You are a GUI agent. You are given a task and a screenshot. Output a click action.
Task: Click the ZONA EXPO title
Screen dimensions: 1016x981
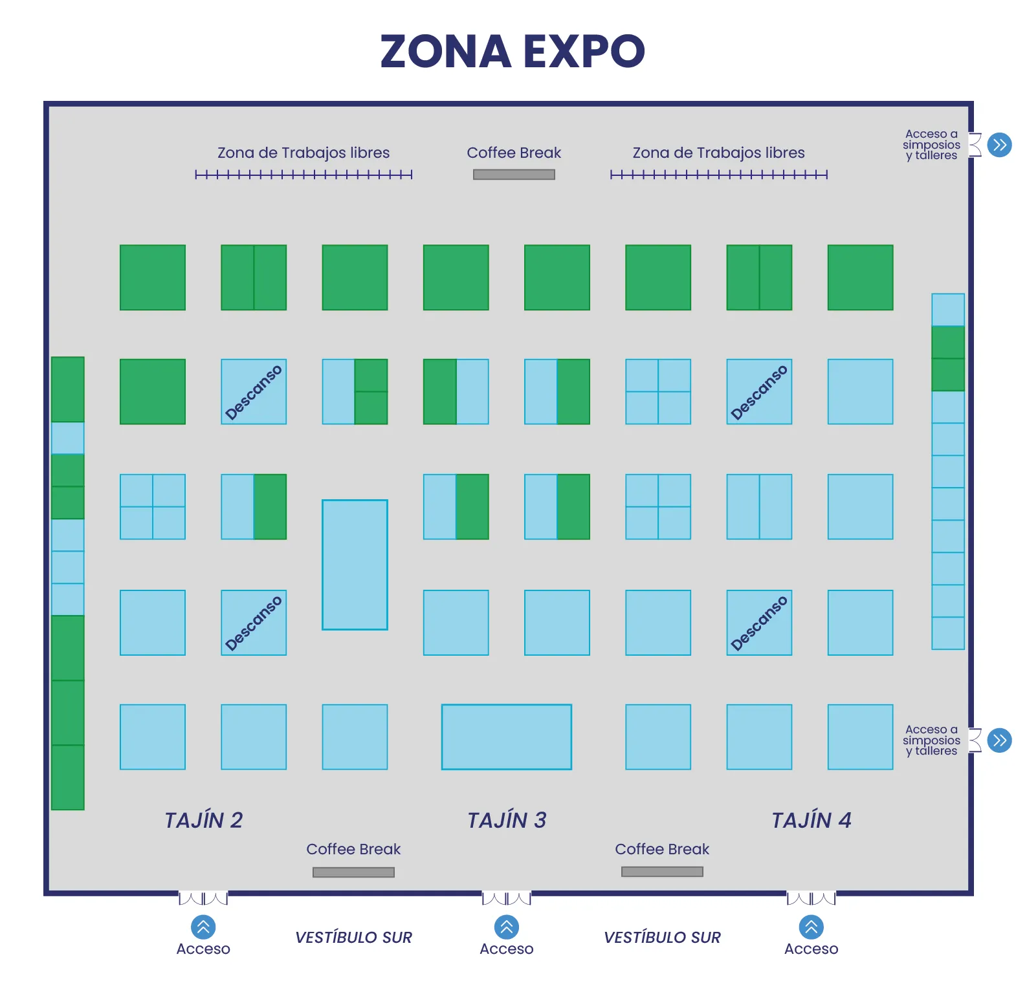[513, 51]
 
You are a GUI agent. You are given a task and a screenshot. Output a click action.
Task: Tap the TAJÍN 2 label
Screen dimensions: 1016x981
[203, 820]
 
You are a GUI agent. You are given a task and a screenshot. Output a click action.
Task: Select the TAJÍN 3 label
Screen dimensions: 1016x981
[507, 820]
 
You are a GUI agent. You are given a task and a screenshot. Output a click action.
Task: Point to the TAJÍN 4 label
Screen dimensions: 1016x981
[811, 820]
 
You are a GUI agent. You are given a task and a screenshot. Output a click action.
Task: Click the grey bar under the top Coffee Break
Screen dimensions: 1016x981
[514, 175]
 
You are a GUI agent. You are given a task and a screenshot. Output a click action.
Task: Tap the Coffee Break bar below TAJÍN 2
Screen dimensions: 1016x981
[353, 872]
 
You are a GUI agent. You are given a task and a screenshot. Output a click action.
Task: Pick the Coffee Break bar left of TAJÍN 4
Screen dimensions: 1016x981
[662, 872]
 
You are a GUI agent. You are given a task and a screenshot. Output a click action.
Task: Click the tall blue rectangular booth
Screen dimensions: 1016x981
[355, 565]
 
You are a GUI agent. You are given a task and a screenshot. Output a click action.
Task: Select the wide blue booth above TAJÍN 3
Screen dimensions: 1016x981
[507, 737]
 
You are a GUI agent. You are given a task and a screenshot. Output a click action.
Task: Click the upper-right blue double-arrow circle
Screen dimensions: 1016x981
[1000, 145]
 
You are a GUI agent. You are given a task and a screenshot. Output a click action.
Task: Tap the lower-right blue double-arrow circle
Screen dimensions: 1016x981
[1000, 740]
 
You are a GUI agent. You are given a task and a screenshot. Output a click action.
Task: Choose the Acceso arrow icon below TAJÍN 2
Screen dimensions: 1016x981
[203, 927]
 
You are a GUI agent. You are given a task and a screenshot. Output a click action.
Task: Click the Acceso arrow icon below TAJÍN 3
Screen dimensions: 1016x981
[507, 927]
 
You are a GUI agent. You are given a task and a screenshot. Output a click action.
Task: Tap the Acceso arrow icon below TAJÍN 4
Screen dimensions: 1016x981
[811, 927]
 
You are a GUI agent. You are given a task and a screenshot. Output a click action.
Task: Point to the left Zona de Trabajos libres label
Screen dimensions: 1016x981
[304, 153]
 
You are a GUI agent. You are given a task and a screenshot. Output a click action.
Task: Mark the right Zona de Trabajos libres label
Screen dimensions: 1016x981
[718, 153]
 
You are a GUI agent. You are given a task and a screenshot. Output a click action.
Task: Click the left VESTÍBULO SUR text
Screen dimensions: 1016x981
[353, 938]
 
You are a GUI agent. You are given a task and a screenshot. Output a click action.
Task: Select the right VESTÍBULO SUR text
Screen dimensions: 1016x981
[662, 938]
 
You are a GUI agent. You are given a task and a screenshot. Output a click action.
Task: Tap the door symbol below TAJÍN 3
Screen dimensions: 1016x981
[507, 898]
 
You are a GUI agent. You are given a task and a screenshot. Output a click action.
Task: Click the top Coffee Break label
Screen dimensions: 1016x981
[514, 153]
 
